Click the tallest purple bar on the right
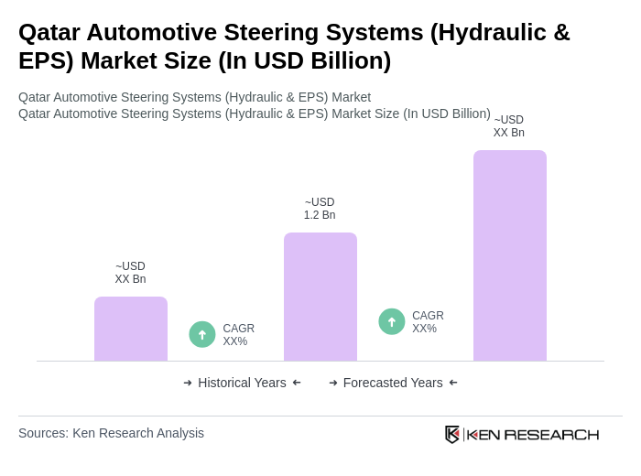coord(509,255)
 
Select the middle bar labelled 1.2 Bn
coord(320,297)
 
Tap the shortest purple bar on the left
coord(130,329)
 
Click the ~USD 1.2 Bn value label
coord(320,209)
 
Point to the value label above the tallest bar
coord(509,126)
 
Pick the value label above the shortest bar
coord(130,273)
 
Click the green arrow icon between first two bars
coord(202,335)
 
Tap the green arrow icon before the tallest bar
coord(392,322)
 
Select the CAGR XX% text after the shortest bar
coord(238,335)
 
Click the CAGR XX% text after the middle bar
coord(428,322)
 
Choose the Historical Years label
coord(242,383)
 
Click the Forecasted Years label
coord(393,383)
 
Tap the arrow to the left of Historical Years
coord(188,383)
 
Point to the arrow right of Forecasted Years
coord(453,383)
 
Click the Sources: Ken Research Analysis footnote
coord(111,433)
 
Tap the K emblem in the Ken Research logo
coord(452,434)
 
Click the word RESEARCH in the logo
coord(551,434)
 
